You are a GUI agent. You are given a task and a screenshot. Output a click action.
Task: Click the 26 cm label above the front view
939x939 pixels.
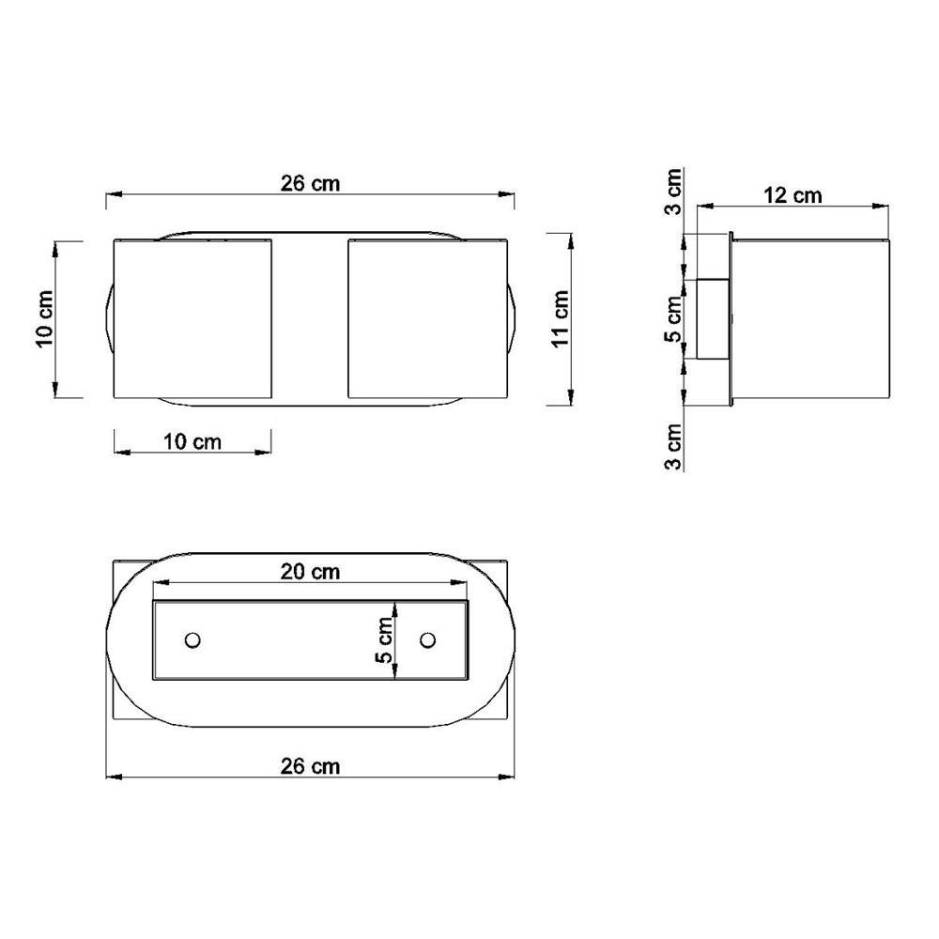pos(310,183)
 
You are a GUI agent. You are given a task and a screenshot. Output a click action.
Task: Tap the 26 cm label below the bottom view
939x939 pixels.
pos(310,766)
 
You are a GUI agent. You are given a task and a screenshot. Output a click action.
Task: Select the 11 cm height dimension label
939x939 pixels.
pos(560,318)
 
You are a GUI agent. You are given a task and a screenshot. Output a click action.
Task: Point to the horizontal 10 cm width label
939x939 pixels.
pos(192,442)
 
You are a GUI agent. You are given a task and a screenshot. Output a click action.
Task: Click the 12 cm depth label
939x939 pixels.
pos(793,195)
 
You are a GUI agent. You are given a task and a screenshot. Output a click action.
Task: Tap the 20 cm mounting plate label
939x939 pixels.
pos(310,572)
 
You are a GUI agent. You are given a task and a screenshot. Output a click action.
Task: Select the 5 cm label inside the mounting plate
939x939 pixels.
pos(385,639)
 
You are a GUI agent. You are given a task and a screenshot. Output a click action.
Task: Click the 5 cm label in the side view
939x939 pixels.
pos(673,318)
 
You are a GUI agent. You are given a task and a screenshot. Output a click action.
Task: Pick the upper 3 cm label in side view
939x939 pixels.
pos(673,192)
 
